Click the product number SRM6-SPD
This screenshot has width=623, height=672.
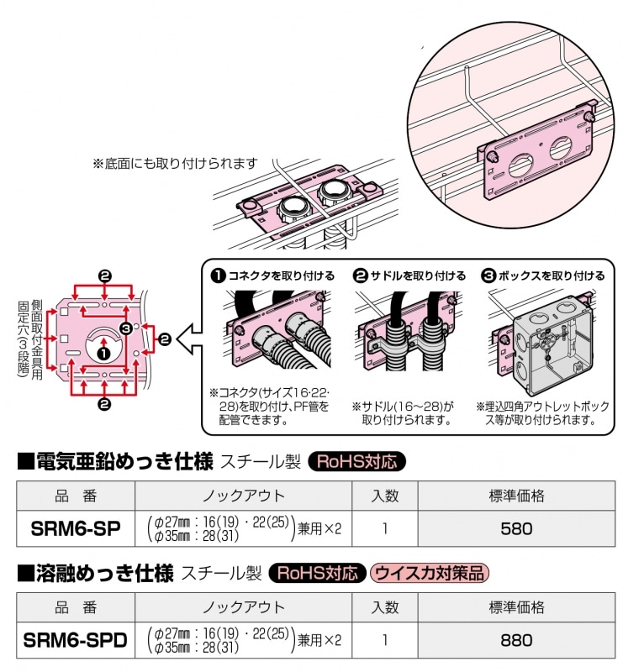tap(76, 640)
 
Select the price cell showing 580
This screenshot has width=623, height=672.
tap(516, 528)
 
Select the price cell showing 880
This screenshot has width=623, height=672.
tap(516, 640)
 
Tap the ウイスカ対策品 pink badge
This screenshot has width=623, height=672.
tap(430, 574)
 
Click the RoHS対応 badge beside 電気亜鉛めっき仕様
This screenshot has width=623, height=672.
tap(357, 461)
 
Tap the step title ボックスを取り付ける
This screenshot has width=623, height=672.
tap(549, 275)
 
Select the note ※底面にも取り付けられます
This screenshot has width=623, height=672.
tap(175, 163)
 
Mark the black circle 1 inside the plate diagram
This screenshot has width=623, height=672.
tap(103, 353)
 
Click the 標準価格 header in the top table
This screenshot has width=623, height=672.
tap(516, 495)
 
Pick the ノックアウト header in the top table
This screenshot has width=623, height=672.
tap(243, 495)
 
